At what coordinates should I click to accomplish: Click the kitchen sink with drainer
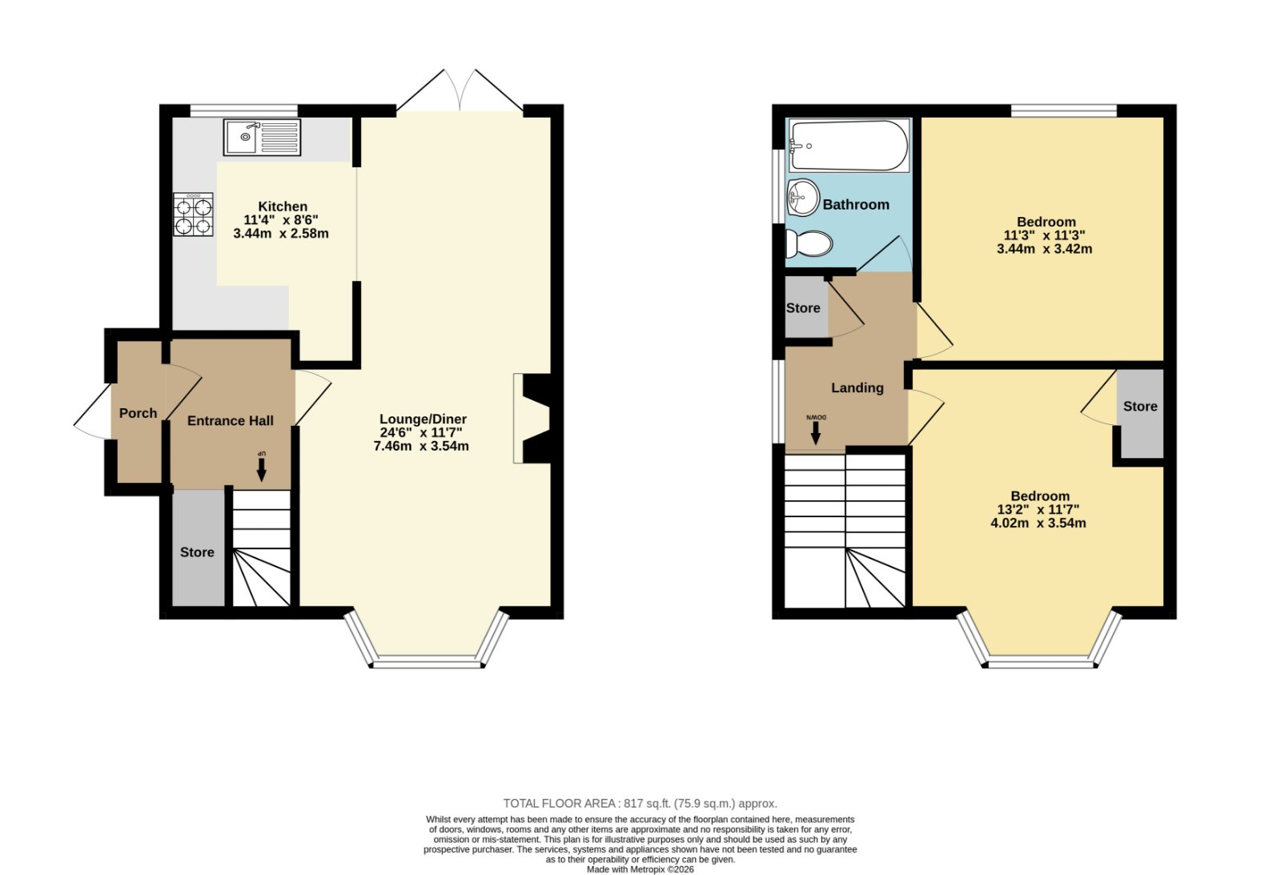point(262,137)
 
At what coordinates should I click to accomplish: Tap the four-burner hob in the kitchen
point(193,215)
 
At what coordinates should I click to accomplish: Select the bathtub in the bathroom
point(849,145)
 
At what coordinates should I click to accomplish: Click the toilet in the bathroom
point(809,243)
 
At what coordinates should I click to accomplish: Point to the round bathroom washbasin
point(804,197)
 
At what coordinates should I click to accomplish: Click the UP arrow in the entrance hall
point(261,466)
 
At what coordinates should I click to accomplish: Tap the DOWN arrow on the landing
point(816,429)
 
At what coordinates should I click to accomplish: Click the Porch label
point(138,413)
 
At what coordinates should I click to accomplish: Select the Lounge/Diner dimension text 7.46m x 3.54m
point(421,446)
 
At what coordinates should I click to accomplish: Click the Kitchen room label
point(283,207)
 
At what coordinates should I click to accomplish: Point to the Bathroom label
point(856,205)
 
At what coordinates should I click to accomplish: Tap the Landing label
point(857,387)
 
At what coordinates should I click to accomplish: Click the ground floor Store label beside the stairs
point(197,552)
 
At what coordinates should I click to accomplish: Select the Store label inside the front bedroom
point(1140,406)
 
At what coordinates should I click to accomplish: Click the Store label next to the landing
point(803,307)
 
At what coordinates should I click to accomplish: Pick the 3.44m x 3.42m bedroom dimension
point(1044,249)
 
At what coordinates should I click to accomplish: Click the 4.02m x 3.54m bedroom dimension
point(1038,523)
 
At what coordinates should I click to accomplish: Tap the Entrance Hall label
point(231,421)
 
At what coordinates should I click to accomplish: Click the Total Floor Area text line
point(640,804)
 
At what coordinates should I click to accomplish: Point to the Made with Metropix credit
point(640,869)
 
